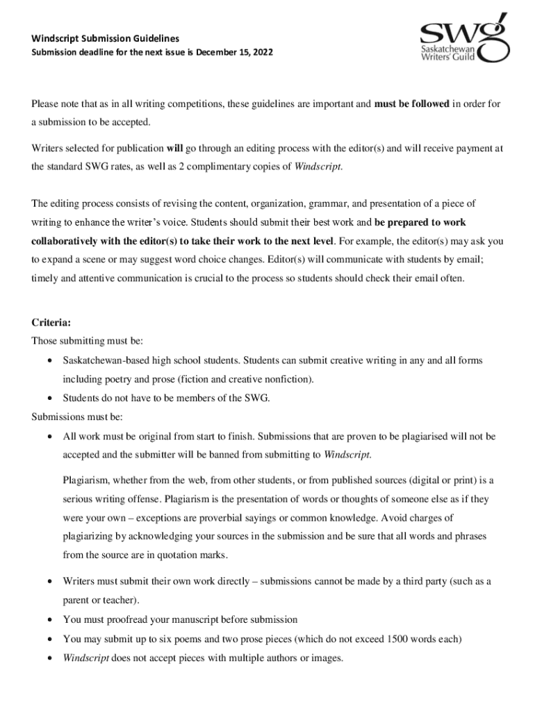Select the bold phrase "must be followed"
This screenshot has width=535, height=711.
(x=411, y=104)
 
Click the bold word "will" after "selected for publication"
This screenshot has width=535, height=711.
(x=174, y=148)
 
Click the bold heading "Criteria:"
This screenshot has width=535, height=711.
(x=51, y=323)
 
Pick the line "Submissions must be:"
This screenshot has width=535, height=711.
(x=77, y=417)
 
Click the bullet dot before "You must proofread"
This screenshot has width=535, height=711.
(x=49, y=620)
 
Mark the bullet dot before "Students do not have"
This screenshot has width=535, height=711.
(x=49, y=399)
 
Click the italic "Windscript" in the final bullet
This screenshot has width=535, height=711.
(x=85, y=658)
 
